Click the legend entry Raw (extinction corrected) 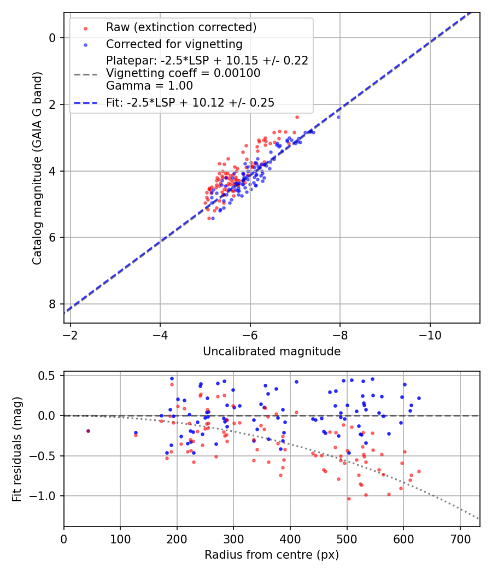181,27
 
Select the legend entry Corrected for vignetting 174,44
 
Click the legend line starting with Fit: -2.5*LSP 190,102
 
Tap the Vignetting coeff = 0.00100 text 183,73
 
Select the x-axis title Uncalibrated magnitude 272,352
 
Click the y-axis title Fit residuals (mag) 17,449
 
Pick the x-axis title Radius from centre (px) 272,555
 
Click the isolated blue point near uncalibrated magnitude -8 338,117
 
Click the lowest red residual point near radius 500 349,499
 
